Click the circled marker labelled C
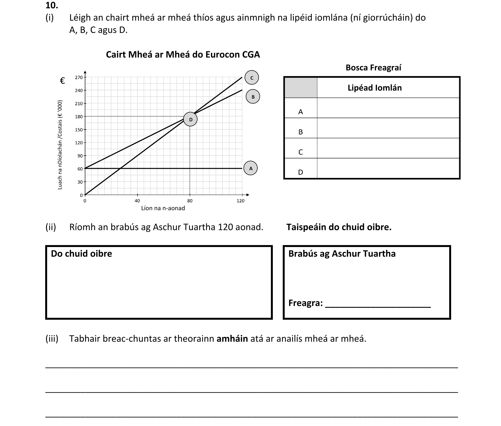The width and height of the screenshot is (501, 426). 252,78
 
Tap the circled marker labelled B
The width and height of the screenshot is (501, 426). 253,97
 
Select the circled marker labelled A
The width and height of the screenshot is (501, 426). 250,168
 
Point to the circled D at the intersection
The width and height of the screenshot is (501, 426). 190,120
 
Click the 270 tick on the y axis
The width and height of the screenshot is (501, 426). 79,77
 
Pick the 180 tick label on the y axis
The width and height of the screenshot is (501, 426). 79,117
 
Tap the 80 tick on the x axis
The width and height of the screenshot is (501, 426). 190,201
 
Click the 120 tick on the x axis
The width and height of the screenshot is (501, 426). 241,201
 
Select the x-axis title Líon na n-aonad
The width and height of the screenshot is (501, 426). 163,208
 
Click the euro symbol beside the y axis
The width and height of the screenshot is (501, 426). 63,81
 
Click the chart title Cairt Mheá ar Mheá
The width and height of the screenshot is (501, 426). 183,55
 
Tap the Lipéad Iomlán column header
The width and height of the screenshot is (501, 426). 375,88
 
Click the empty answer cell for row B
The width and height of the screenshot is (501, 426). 388,128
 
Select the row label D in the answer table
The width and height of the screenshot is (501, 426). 300,172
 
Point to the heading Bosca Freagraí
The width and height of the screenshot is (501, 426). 373,67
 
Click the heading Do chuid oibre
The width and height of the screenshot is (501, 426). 82,254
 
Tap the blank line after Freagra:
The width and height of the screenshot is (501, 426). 378,304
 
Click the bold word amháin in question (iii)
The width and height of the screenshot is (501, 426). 232,338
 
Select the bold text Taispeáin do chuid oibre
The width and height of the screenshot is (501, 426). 339,227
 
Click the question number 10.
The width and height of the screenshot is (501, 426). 52,5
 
